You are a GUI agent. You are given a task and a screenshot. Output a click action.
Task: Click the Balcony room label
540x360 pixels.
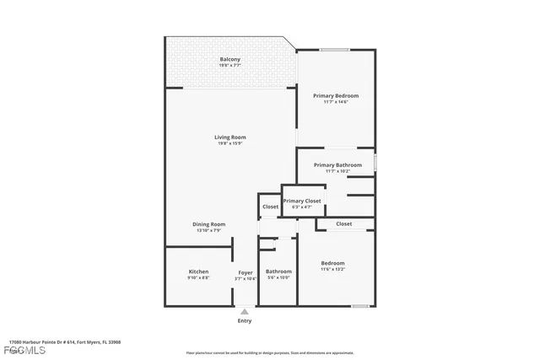point(230,59)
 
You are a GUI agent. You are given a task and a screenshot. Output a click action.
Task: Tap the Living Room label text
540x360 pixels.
point(229,137)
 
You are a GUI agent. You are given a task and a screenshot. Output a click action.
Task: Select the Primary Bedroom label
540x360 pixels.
point(336,96)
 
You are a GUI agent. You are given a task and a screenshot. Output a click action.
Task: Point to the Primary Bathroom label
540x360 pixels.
point(337,165)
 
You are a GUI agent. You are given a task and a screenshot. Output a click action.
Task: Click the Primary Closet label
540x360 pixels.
point(302,201)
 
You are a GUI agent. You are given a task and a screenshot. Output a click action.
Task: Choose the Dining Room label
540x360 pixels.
point(208,224)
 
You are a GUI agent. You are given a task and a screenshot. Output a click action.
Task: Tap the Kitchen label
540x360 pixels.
point(198,271)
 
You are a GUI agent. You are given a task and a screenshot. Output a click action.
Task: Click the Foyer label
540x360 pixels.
point(245,272)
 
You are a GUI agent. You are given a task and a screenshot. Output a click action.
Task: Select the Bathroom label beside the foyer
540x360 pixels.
point(278,271)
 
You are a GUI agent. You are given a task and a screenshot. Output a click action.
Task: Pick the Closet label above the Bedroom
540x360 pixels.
point(343,223)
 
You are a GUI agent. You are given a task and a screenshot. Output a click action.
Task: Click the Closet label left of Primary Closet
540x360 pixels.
point(270,207)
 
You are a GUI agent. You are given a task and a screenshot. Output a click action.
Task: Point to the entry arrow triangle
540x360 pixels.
point(245,311)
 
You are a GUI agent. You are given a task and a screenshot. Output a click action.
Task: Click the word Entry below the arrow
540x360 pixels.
point(245,321)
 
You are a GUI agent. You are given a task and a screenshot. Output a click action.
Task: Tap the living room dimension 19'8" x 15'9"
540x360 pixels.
point(229,143)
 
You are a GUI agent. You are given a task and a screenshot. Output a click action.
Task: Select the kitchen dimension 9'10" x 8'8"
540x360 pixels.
point(198,277)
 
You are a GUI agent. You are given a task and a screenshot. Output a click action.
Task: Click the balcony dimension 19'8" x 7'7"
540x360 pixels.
point(230,66)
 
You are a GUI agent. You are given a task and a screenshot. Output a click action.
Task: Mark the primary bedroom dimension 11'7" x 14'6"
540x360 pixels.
point(336,102)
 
